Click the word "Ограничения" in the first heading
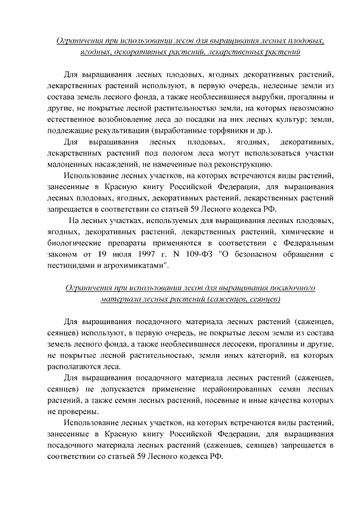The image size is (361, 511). click(x=83, y=41)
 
